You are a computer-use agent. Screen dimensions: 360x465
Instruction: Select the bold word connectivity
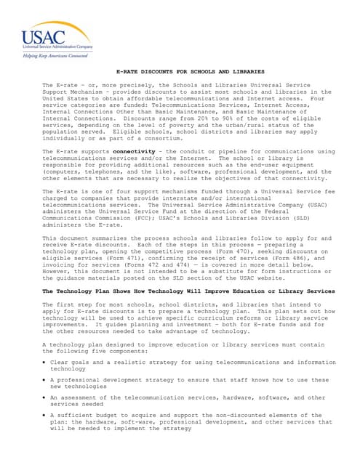point(134,151)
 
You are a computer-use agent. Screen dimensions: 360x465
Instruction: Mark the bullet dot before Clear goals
point(45,362)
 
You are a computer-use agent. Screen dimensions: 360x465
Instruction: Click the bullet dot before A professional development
point(45,380)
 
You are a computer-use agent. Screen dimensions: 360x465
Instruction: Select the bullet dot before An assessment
point(45,398)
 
